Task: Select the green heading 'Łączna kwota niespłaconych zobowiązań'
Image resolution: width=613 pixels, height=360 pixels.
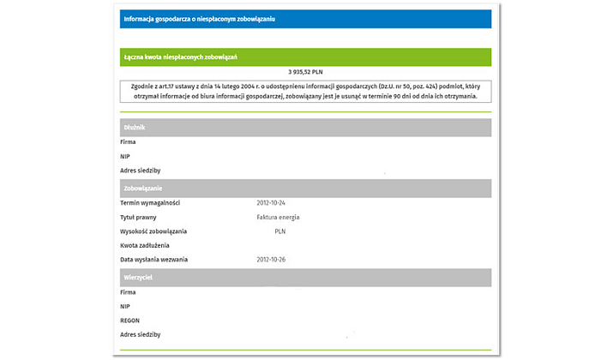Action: [180, 57]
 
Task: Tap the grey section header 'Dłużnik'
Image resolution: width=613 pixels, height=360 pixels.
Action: [135, 128]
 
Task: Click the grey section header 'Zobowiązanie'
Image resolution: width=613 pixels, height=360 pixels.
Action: [142, 188]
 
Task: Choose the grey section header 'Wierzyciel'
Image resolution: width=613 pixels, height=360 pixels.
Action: [139, 278]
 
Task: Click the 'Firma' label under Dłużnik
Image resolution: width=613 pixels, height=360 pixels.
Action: [129, 142]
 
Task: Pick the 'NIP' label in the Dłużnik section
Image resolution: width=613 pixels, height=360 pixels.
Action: [126, 157]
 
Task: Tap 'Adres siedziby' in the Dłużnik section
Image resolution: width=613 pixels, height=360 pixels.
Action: [141, 171]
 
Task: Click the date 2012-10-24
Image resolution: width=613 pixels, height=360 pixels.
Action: [271, 202]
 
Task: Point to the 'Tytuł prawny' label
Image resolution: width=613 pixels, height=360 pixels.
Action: [140, 217]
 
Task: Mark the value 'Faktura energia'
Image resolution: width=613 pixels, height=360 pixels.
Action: [278, 217]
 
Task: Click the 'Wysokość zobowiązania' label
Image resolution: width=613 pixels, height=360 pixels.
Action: [153, 231]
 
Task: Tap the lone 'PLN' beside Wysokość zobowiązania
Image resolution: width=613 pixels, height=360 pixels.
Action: [280, 231]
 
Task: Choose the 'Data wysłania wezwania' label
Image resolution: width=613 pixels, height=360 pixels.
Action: [154, 259]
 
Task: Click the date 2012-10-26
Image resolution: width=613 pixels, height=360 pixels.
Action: [271, 259]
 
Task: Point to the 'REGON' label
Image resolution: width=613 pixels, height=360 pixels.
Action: [130, 320]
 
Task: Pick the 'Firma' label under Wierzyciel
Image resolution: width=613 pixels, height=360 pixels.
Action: [129, 292]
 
